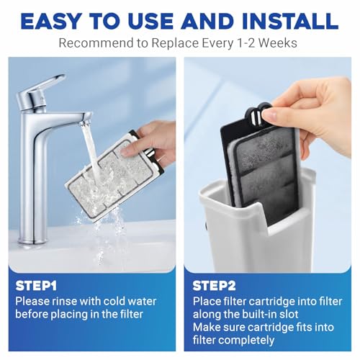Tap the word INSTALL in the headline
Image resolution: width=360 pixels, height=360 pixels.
pyautogui.click(x=290, y=21)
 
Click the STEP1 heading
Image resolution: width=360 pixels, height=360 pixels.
pyautogui.click(x=36, y=286)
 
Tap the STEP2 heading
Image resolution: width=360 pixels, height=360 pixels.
pyautogui.click(x=214, y=286)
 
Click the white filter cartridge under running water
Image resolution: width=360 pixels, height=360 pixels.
pyautogui.click(x=114, y=175)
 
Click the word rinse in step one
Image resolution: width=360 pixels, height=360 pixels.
pyautogui.click(x=64, y=302)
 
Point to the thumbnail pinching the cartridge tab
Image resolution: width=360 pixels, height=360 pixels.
pyautogui.click(x=270, y=116)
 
